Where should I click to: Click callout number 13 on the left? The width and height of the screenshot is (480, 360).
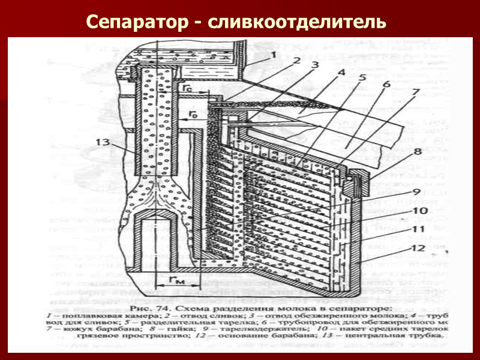[103, 142]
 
